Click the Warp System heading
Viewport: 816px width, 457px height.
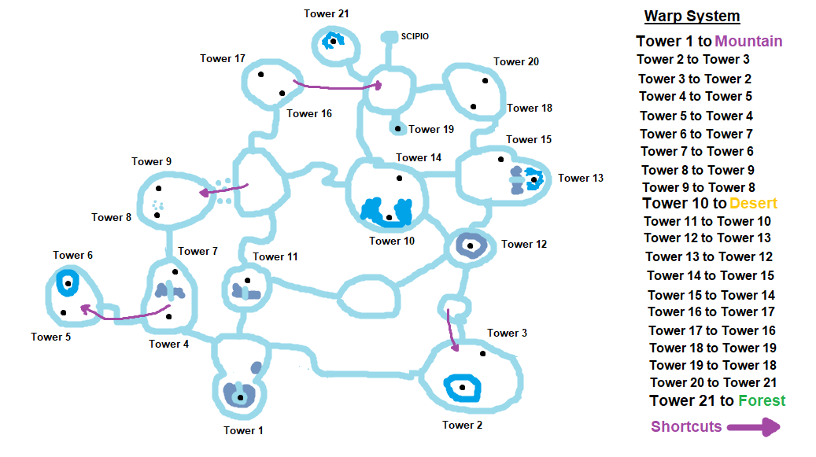click(692, 16)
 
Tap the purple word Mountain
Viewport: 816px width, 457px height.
click(748, 42)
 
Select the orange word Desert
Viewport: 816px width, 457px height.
click(753, 204)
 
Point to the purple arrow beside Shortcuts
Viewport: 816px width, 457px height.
click(753, 427)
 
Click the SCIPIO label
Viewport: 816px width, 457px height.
click(415, 36)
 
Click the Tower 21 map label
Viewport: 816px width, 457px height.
click(326, 13)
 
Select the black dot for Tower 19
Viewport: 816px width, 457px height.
click(398, 128)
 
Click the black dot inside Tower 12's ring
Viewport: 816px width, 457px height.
click(470, 246)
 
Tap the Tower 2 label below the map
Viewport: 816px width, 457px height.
click(463, 425)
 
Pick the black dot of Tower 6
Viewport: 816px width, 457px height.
click(68, 284)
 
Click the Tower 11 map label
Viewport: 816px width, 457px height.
click(275, 256)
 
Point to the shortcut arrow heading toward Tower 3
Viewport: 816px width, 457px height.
click(452, 329)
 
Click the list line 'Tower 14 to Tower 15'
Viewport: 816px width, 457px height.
click(711, 275)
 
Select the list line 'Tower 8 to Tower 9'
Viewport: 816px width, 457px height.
click(697, 170)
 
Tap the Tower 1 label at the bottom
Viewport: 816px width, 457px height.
click(243, 430)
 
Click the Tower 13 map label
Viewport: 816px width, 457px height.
click(580, 178)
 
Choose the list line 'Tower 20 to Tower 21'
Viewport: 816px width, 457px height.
click(714, 382)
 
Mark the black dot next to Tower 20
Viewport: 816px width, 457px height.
click(485, 80)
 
